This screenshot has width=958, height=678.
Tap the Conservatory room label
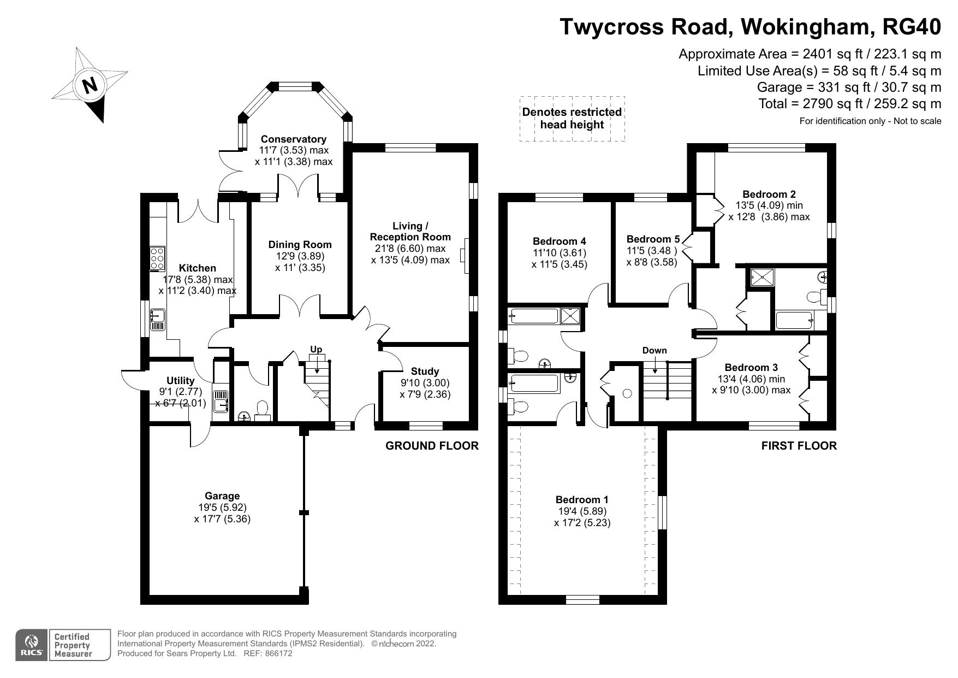click(x=293, y=139)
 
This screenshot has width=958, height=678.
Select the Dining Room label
click(x=300, y=245)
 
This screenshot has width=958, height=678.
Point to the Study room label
click(x=425, y=372)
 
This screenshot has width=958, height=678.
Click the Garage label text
click(x=222, y=496)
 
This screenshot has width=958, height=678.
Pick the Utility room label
click(x=180, y=381)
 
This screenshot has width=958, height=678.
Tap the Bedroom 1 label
click(x=582, y=499)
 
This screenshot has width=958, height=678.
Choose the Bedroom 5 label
click(x=653, y=239)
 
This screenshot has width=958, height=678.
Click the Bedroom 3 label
click(x=751, y=368)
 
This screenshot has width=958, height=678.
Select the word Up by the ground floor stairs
click(x=316, y=349)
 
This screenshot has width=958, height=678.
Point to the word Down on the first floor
click(x=654, y=350)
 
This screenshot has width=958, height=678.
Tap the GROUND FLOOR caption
click(x=432, y=446)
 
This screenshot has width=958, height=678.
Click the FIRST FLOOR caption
click(x=799, y=446)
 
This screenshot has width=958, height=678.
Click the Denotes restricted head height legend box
click(x=572, y=119)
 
